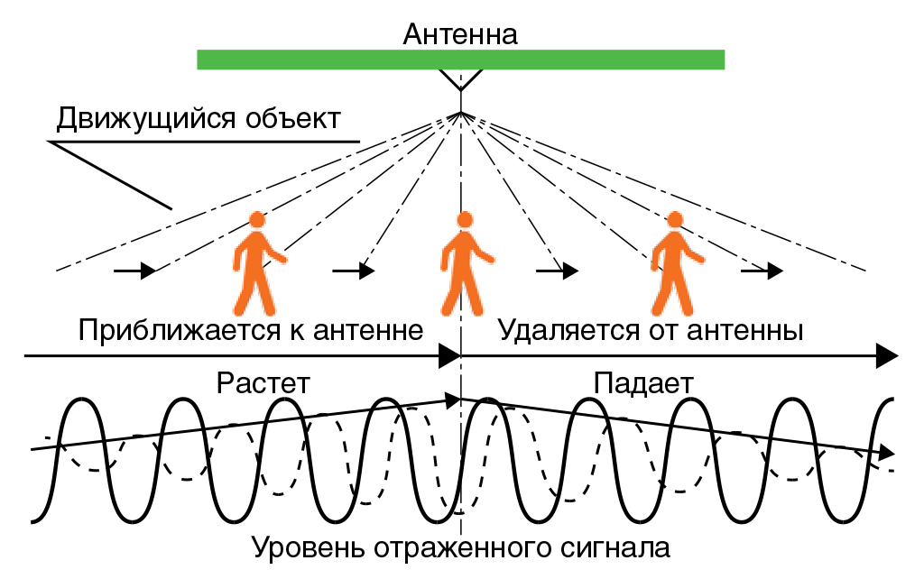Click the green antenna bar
coord(460,60)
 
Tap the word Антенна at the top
coord(460,35)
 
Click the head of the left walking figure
coord(258,219)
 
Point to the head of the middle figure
coord(465,219)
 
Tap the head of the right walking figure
coord(674,219)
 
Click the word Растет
coord(263,382)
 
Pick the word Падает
coord(643,382)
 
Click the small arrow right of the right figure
coord(763,270)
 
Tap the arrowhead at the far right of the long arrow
coord(888,355)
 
